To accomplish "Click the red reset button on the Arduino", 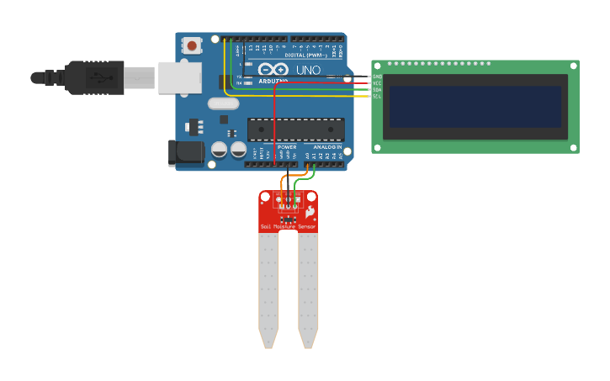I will pyautogui.click(x=192, y=45).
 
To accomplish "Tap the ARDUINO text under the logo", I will pyautogui.click(x=273, y=81).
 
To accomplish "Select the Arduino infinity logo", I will pyautogui.click(x=273, y=70).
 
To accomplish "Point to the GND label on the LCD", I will pyautogui.click(x=377, y=77).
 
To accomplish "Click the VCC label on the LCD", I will pyautogui.click(x=377, y=83).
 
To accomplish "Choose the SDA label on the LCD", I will pyautogui.click(x=377, y=90).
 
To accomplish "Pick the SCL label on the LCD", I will pyautogui.click(x=377, y=97).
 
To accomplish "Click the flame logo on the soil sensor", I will pyautogui.click(x=310, y=211).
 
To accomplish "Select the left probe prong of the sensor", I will pyautogui.click(x=268, y=290).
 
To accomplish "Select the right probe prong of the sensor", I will pyautogui.click(x=308, y=290).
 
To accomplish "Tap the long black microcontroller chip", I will pyautogui.click(x=295, y=130).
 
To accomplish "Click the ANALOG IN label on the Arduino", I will pyautogui.click(x=328, y=147).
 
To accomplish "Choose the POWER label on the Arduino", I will pyautogui.click(x=287, y=147).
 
